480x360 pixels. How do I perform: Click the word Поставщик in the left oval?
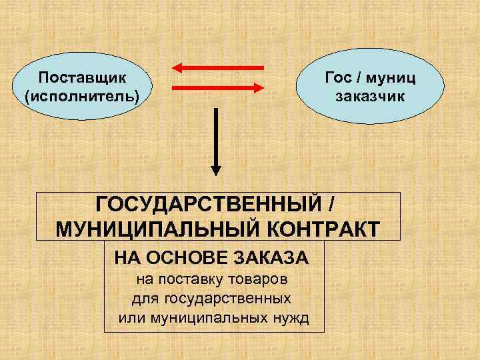click(x=83, y=79)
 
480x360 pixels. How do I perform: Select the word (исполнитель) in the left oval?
click(x=83, y=97)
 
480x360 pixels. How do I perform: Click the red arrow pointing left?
click(x=218, y=67)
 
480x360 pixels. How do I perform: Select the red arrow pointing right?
click(x=218, y=87)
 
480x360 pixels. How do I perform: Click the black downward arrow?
click(x=216, y=140)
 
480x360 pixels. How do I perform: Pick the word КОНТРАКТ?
click(x=325, y=229)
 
